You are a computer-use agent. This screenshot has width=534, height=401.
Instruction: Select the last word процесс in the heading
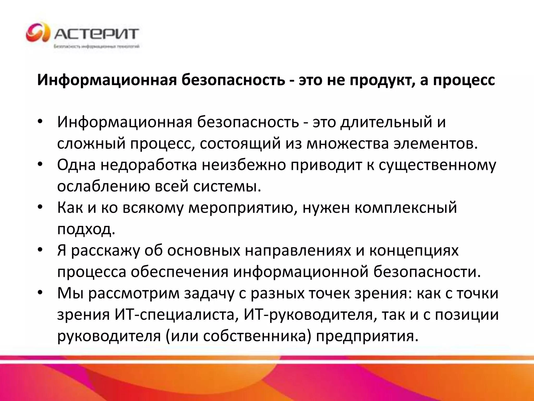click(x=464, y=80)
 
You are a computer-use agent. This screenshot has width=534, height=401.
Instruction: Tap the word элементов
click(x=436, y=144)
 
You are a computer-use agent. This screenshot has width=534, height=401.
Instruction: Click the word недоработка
click(x=149, y=165)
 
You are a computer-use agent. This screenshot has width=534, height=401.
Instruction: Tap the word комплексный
click(x=406, y=208)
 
